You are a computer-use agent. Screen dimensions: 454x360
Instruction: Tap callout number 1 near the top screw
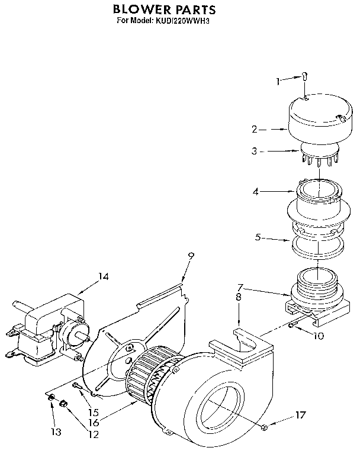click(x=278, y=81)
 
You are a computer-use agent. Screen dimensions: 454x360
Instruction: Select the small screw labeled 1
click(x=304, y=76)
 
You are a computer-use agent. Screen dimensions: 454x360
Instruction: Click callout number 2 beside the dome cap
click(x=254, y=128)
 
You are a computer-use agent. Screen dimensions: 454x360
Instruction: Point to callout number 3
click(x=254, y=152)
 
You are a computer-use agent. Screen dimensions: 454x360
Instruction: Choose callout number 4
click(x=255, y=192)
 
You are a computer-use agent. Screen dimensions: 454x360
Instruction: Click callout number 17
click(x=301, y=415)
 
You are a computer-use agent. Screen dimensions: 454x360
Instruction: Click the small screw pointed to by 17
click(x=263, y=426)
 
